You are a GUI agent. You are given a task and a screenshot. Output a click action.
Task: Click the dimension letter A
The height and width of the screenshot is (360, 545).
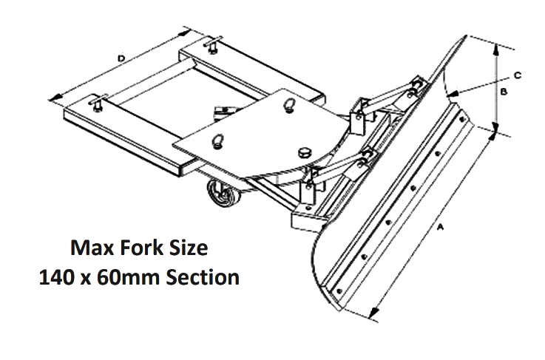point(441,230)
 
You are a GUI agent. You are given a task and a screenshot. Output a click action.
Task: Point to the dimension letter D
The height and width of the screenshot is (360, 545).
point(120,57)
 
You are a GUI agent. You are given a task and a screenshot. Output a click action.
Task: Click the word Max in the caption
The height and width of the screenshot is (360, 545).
point(89,247)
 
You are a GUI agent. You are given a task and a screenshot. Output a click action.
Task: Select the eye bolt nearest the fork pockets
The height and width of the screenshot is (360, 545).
point(219,140)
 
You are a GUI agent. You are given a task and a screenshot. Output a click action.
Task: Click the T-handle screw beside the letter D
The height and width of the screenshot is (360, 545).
point(96,103)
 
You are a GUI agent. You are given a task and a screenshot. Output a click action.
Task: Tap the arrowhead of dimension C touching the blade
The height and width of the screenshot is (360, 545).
point(453,94)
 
